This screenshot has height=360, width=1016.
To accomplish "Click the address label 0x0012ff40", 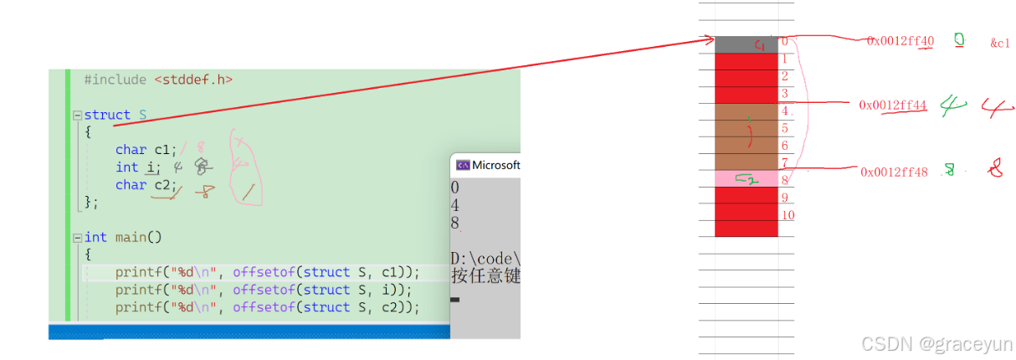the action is tap(900, 41).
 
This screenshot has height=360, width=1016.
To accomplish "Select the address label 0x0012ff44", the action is tap(892, 105).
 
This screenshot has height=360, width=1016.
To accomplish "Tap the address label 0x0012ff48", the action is tap(894, 172).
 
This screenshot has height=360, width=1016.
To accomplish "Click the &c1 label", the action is tap(1000, 44).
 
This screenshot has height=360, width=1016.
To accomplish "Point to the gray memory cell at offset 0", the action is tap(746, 44).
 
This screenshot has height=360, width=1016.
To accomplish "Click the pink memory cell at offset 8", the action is tap(746, 178).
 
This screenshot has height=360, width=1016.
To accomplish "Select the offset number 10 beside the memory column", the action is tap(788, 215).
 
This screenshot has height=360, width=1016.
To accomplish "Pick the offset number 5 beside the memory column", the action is tap(785, 128).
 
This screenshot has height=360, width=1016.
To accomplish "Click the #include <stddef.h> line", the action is tap(158, 80).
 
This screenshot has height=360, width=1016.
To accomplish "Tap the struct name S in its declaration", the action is tap(142, 115).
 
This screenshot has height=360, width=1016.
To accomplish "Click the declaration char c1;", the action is tap(146, 150).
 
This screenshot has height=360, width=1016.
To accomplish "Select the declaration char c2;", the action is tap(146, 185).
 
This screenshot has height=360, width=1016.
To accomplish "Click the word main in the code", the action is tap(131, 237).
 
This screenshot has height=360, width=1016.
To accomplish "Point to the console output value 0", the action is tap(454, 188).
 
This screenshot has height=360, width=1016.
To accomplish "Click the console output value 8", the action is tap(454, 223).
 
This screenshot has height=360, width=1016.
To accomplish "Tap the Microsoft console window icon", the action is tap(462, 165).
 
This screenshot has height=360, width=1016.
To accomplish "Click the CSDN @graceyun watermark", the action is tap(936, 343).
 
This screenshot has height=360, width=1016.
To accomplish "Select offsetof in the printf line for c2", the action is tap(263, 307).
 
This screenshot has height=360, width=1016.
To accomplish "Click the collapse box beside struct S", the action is tap(77, 116).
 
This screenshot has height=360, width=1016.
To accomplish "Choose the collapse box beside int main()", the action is tap(77, 238).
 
